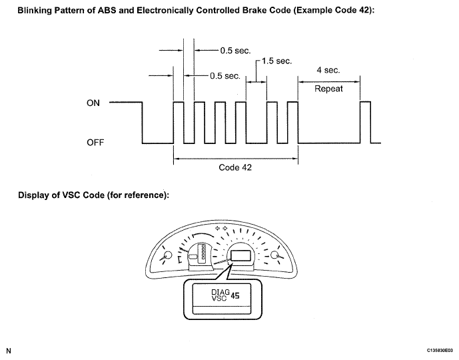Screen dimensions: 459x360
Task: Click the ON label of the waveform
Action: (x=93, y=103)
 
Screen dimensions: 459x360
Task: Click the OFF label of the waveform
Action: (x=95, y=143)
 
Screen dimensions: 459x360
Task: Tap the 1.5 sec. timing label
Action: (x=276, y=61)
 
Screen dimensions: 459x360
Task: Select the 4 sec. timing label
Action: (x=328, y=70)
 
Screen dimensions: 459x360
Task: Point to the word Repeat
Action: (x=328, y=89)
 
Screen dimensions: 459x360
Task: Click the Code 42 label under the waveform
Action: (x=235, y=167)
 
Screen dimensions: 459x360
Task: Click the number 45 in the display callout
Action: (x=234, y=296)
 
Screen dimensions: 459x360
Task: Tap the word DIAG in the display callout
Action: (x=221, y=292)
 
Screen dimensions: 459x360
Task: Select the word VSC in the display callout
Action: (x=219, y=298)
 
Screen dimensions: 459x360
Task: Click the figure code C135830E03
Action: (x=440, y=351)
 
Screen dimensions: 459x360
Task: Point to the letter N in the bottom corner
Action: (x=9, y=351)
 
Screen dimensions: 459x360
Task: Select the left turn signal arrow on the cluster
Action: (x=217, y=229)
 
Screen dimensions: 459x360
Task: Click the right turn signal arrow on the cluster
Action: (x=225, y=229)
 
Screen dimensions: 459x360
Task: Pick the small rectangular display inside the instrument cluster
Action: (x=240, y=255)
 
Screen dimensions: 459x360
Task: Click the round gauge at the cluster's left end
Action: (x=168, y=255)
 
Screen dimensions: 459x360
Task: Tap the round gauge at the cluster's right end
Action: (x=275, y=255)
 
